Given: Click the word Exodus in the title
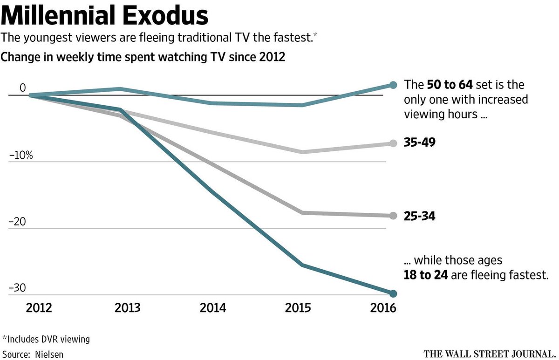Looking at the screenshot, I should (171, 16).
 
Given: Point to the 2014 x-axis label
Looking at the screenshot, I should (213, 308).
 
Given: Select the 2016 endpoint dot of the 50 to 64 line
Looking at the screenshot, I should (393, 85).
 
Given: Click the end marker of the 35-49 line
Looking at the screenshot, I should (393, 143).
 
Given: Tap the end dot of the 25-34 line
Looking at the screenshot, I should (393, 216).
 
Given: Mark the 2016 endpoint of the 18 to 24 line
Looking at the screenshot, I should (393, 293).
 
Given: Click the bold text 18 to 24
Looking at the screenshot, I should (426, 275).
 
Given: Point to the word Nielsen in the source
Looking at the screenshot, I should (49, 354).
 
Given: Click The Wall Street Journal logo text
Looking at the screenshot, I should (489, 353).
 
